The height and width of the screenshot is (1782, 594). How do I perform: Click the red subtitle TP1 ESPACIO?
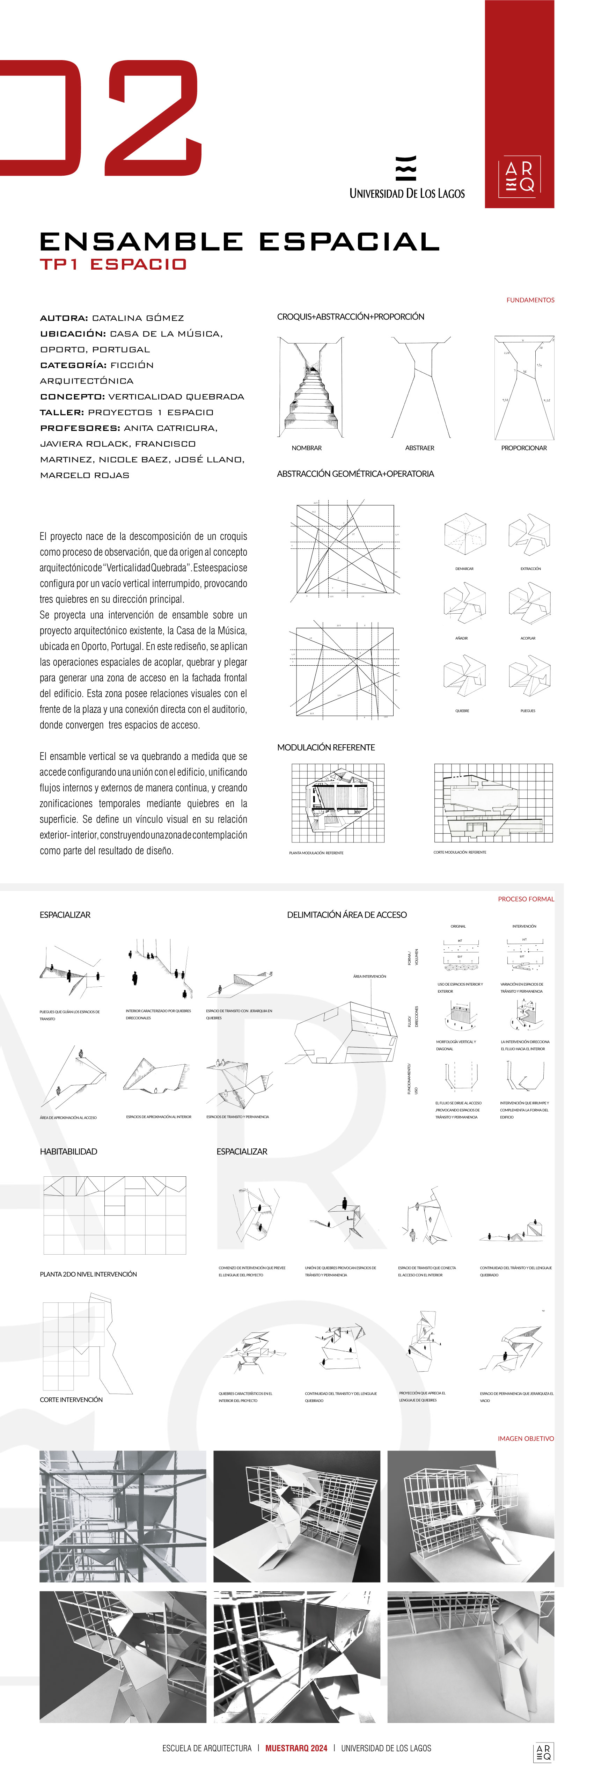113,264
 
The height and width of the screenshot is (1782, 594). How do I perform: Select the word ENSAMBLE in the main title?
142,241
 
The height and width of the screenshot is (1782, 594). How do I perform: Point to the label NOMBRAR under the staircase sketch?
306,448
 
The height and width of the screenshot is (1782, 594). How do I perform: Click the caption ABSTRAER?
420,448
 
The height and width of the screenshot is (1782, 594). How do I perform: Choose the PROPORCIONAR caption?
523,448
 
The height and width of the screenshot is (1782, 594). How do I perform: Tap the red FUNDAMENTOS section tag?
530,300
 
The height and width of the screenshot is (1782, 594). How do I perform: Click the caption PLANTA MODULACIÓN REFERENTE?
316,853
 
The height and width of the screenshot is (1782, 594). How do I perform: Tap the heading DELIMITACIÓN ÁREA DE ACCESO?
346,914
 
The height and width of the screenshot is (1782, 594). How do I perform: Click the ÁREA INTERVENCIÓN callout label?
369,976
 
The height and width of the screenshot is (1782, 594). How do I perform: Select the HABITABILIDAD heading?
68,1152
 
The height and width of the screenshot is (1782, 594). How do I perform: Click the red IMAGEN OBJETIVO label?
526,1438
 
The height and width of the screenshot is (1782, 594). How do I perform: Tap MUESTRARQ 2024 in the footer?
296,1748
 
